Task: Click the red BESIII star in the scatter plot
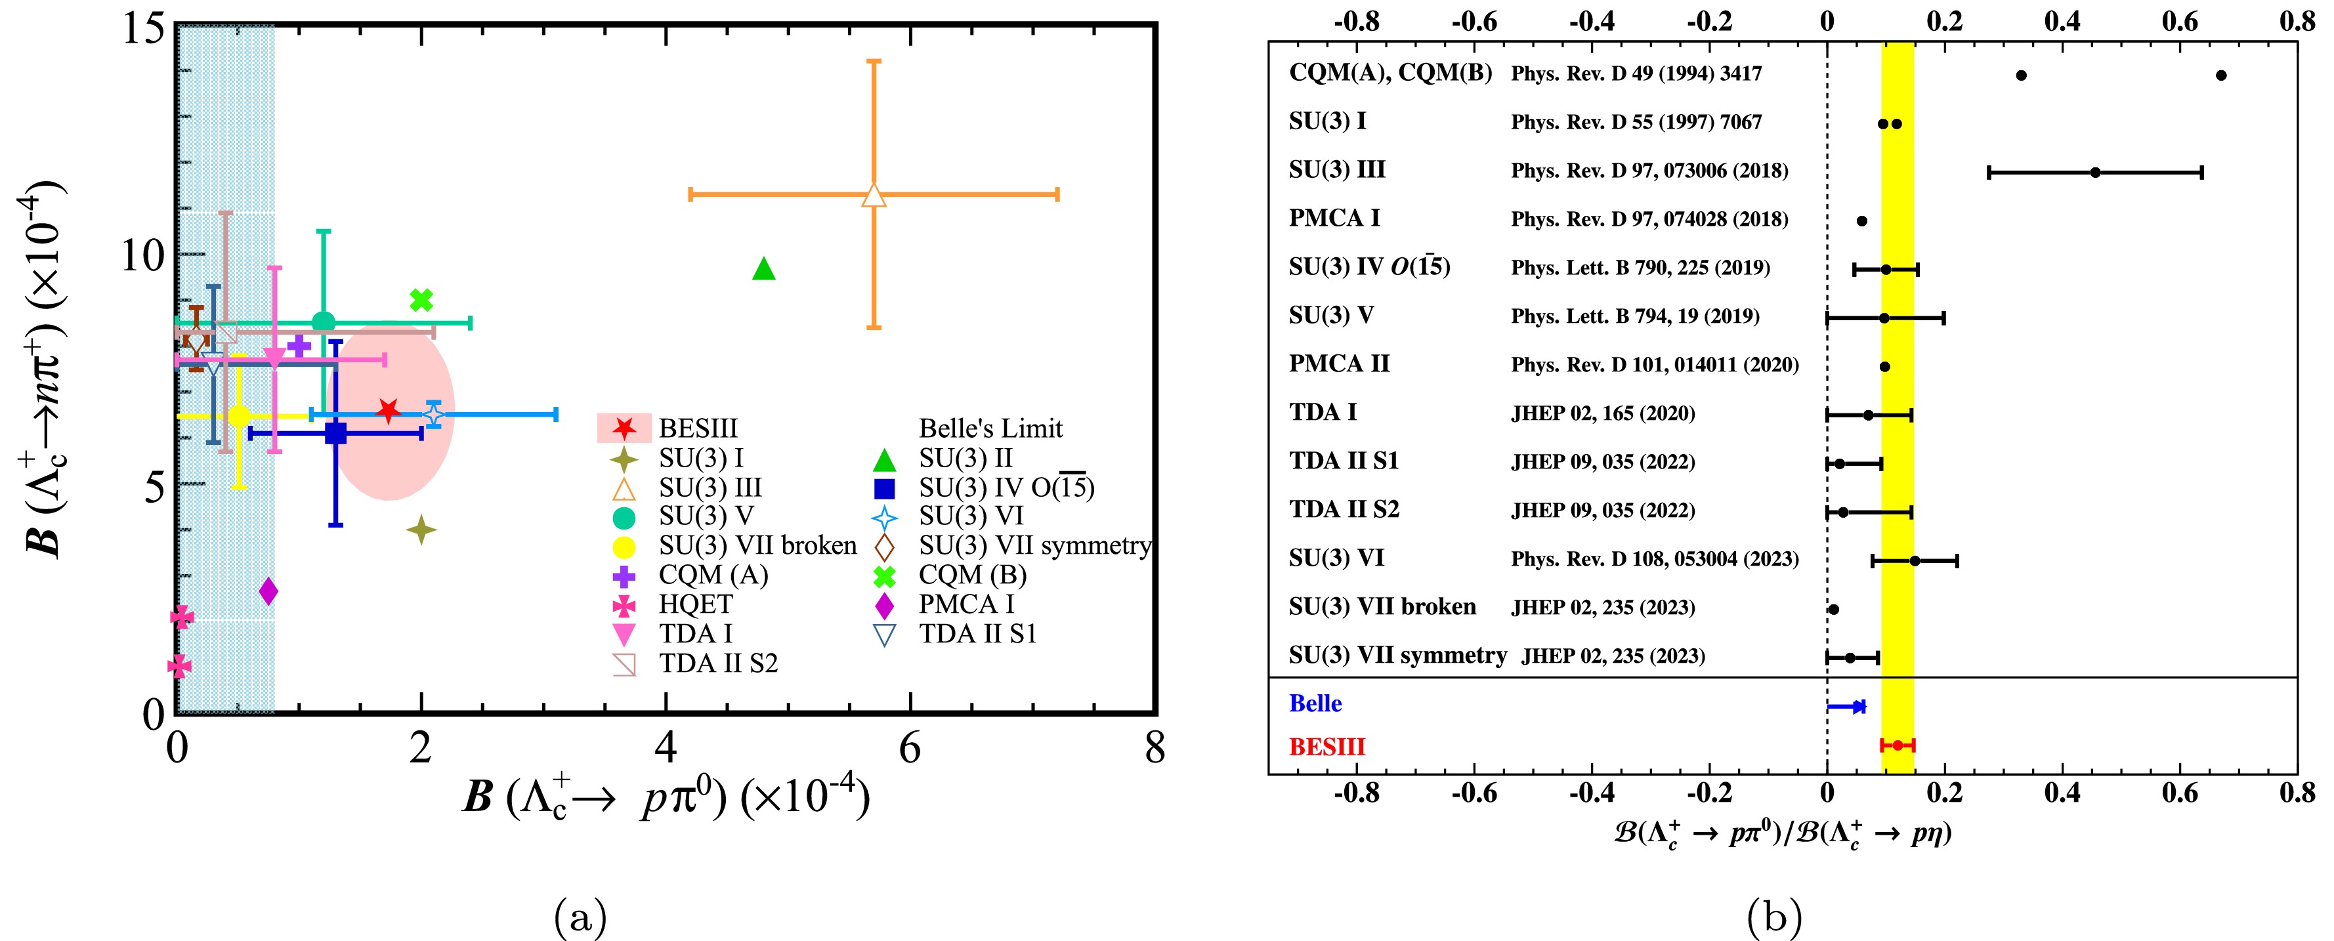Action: tap(388, 410)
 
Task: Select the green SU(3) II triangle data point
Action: tap(764, 269)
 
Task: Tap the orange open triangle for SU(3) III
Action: tap(874, 195)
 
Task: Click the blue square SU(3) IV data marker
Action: tap(335, 434)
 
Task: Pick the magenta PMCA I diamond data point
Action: tap(268, 591)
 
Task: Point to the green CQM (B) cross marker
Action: tap(421, 300)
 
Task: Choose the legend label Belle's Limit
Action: tap(990, 429)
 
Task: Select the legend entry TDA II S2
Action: tap(717, 664)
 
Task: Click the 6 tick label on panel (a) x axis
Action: tap(910, 749)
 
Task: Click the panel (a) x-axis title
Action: tap(666, 797)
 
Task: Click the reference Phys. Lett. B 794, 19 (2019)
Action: tap(1634, 316)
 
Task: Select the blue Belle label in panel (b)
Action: tap(1315, 703)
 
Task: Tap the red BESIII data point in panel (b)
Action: tap(1898, 745)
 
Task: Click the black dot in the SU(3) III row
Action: tap(2095, 172)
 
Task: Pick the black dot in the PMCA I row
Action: tap(1862, 221)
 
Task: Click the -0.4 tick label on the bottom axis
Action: tap(1592, 793)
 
